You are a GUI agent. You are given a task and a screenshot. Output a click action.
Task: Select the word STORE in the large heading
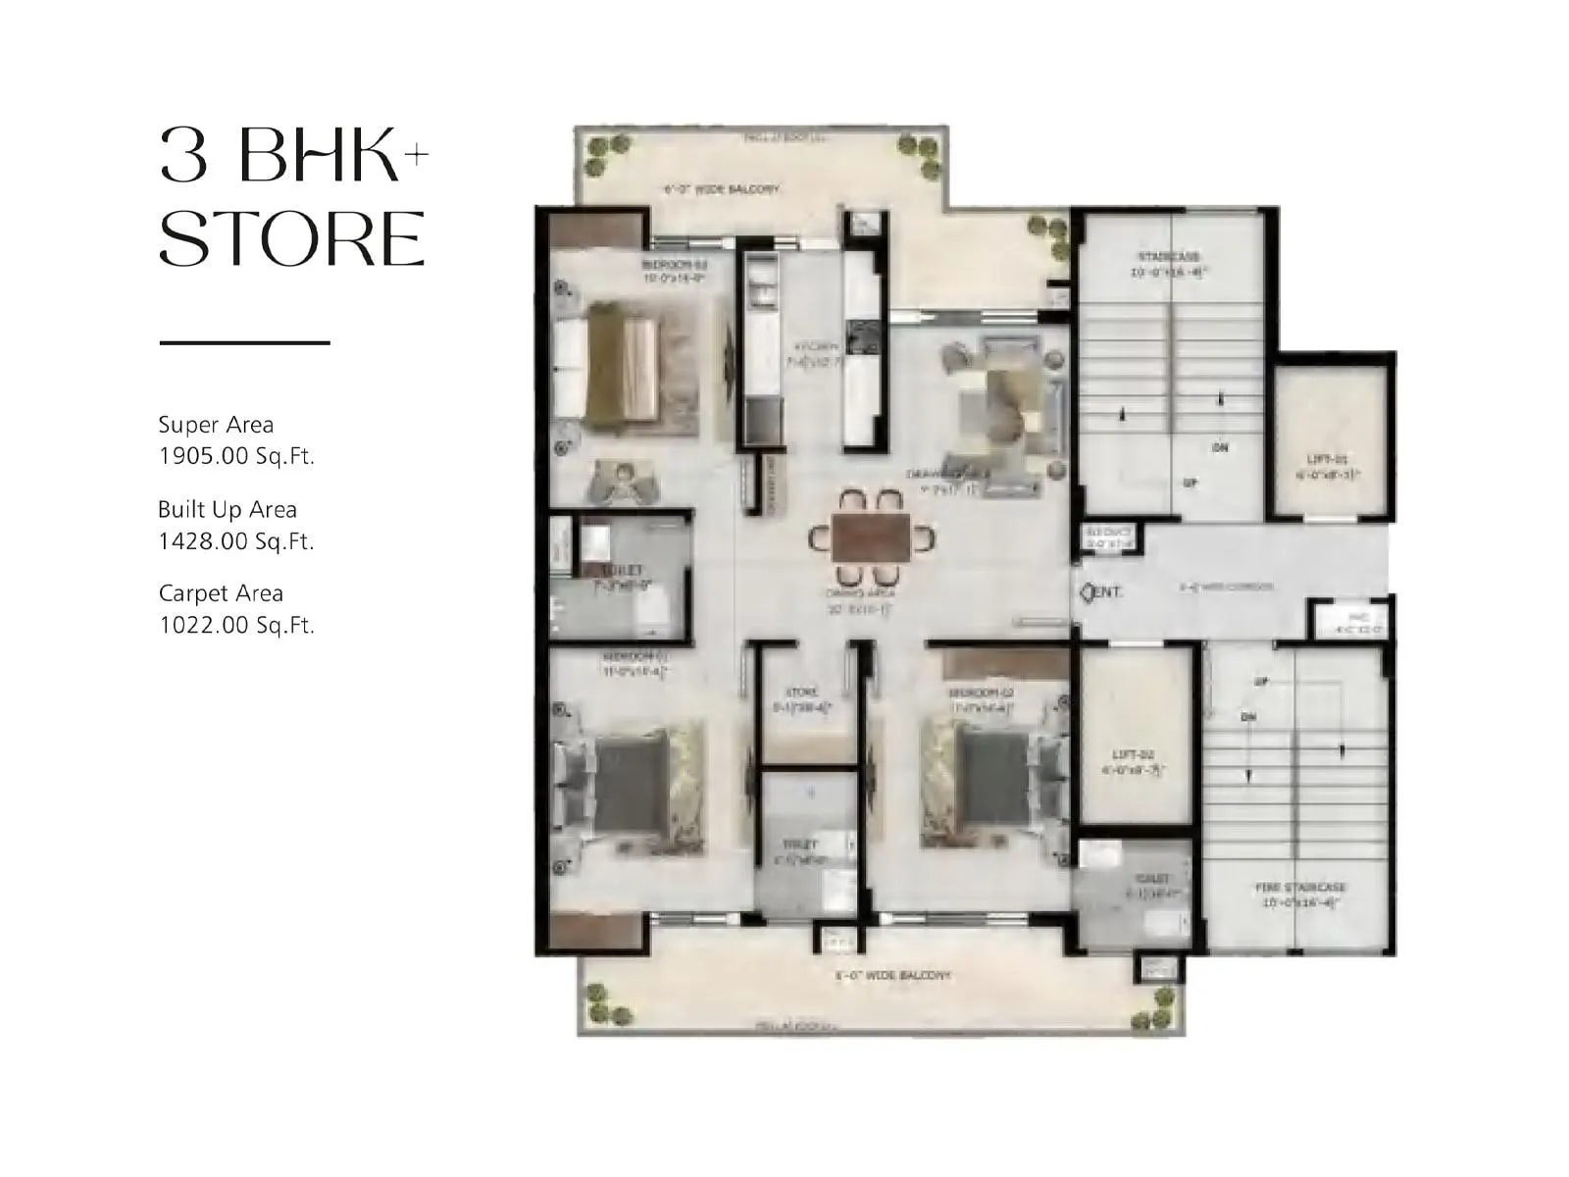click(x=292, y=238)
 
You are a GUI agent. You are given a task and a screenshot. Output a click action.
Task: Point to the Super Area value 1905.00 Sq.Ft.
click(x=236, y=456)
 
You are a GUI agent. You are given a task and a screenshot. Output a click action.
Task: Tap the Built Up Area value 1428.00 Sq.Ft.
click(x=236, y=540)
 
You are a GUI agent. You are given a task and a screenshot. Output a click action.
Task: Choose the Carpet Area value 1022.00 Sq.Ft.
click(x=236, y=625)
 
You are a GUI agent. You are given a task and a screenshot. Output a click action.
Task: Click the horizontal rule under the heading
click(x=244, y=343)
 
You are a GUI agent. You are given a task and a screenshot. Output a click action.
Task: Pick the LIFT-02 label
click(x=1134, y=754)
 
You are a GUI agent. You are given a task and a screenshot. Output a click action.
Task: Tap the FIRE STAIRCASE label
click(x=1301, y=888)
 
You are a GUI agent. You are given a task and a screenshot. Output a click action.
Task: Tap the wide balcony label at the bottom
click(x=892, y=976)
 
